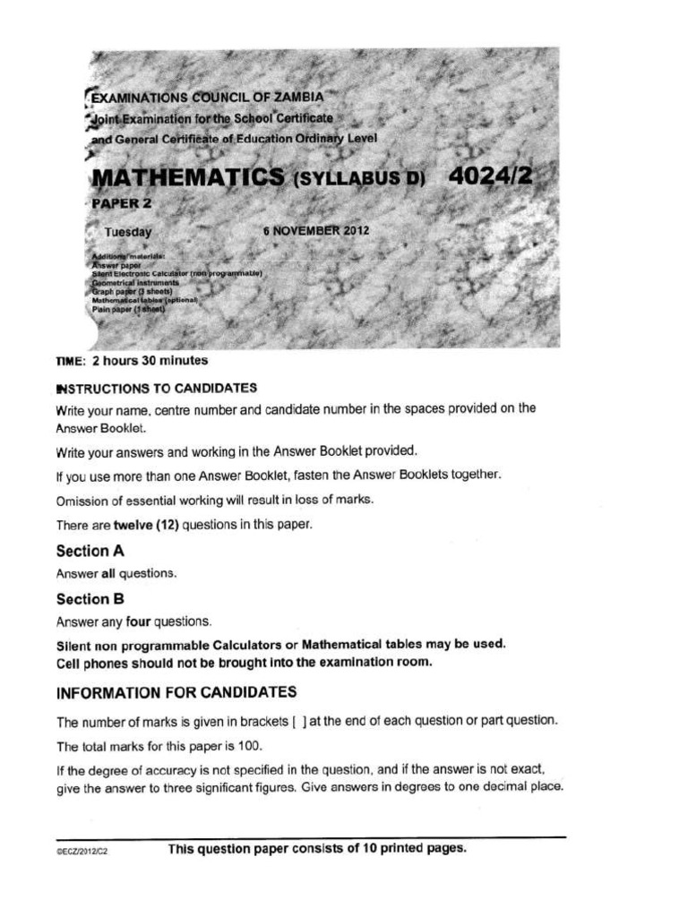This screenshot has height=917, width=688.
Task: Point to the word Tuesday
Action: tap(128, 232)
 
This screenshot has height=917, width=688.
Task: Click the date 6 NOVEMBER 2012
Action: tap(316, 230)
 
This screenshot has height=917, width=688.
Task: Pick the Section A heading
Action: tap(90, 552)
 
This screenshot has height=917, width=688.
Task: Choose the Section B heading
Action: tap(90, 598)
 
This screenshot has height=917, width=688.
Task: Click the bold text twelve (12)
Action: tap(148, 526)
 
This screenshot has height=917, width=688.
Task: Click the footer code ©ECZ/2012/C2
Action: tap(82, 852)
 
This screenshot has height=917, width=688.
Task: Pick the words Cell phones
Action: tap(90, 663)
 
